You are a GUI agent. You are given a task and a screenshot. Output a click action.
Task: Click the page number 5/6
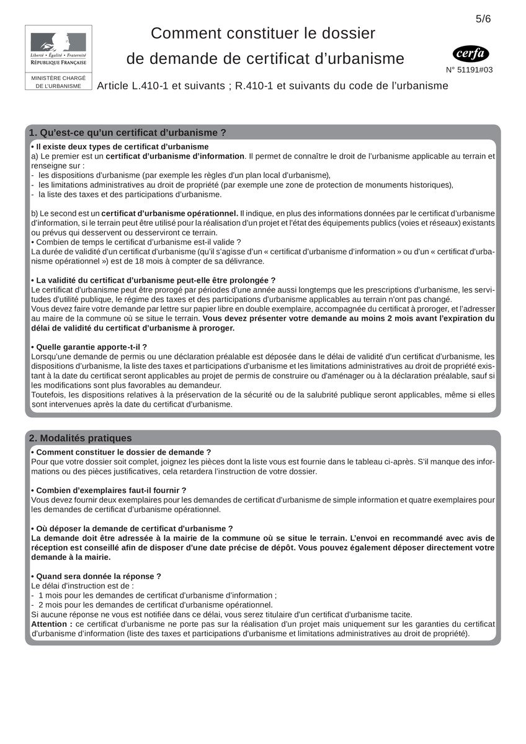(483, 19)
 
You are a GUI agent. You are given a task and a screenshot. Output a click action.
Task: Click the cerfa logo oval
(471, 54)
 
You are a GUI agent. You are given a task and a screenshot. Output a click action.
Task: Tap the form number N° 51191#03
(470, 70)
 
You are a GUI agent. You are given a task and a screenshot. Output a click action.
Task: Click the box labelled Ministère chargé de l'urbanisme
(58, 82)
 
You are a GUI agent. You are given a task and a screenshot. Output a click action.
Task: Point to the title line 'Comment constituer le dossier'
(263, 33)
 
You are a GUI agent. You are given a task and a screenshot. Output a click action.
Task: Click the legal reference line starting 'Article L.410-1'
(272, 86)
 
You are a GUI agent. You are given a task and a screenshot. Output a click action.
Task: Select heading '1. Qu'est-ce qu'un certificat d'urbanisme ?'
(128, 133)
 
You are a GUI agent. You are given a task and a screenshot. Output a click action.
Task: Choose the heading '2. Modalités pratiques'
(81, 438)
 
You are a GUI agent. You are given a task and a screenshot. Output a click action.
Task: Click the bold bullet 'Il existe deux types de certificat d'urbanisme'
(120, 146)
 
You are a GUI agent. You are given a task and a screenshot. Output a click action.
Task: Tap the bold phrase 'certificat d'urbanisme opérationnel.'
(170, 213)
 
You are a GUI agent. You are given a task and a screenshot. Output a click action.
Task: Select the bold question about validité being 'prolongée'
(153, 280)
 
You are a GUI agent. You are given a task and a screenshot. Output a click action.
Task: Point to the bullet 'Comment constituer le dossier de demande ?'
(121, 452)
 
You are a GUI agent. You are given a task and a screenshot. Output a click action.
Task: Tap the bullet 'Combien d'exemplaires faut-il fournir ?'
(109, 490)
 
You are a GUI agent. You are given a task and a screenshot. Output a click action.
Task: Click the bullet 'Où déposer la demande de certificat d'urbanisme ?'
(131, 528)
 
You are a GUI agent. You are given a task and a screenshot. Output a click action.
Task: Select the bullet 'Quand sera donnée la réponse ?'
(96, 576)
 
